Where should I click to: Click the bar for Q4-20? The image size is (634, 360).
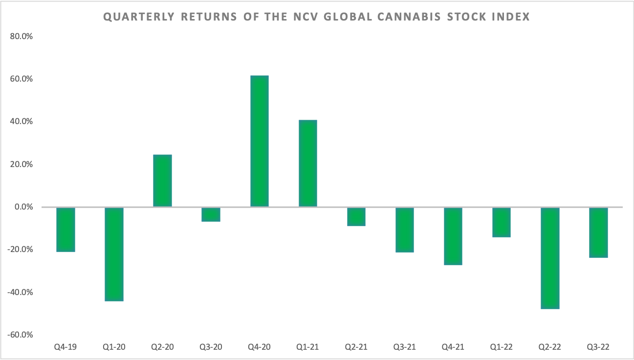pos(259,141)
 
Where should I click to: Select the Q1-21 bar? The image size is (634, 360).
pos(307,163)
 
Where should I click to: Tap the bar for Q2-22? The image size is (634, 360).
pos(550,258)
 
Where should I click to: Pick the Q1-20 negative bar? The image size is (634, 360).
pos(114,254)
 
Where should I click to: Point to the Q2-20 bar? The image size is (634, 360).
pos(162,181)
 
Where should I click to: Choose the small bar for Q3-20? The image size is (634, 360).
pos(211,214)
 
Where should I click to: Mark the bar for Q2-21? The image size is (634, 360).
pos(356,216)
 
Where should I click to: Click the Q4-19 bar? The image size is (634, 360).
pos(66,229)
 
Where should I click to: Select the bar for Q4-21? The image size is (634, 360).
pos(453,236)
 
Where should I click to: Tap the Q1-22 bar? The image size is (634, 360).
pos(502,222)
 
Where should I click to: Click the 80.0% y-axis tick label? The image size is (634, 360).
pos(20,36)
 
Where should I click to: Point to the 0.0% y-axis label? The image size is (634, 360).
pos(22,207)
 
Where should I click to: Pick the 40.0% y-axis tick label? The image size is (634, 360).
pos(20,122)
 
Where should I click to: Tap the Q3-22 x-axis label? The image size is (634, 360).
pos(598,347)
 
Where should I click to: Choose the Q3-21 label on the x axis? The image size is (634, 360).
pos(404,347)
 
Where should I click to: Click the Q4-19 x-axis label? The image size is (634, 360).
pos(66,347)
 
